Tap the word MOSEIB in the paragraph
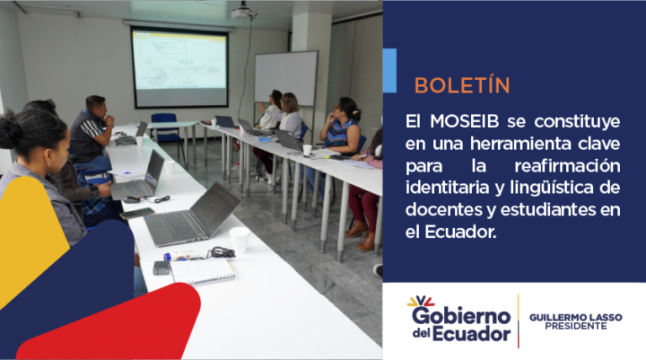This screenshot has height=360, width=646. (x=464, y=121)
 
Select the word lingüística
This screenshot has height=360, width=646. (x=552, y=188)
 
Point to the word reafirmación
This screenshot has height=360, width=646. (x=567, y=166)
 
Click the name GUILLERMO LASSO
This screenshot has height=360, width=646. (x=575, y=317)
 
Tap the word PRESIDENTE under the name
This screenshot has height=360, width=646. (x=575, y=326)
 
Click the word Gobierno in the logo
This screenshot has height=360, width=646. (x=462, y=316)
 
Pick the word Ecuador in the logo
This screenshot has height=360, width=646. (x=471, y=334)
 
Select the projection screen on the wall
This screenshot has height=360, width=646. (x=180, y=66)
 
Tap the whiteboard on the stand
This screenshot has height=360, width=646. (x=286, y=78)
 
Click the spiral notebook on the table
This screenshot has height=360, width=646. (x=202, y=272)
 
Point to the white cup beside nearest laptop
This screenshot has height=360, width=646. (x=240, y=240)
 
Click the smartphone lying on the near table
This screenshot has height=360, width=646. (x=137, y=214)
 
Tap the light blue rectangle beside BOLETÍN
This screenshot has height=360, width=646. (x=389, y=71)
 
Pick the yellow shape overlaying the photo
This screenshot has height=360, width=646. (x=30, y=239)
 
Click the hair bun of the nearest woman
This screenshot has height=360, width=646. (x=9, y=129)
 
